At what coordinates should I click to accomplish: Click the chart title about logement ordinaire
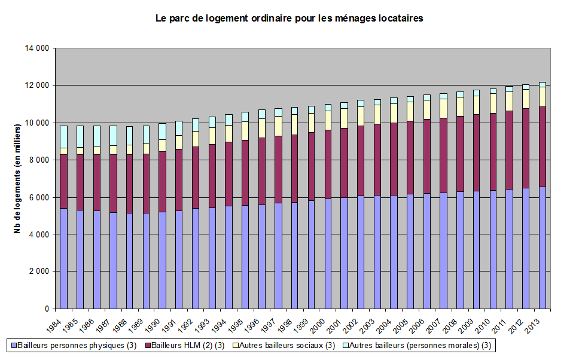coord(289,19)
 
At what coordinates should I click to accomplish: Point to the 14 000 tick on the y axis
coord(38,48)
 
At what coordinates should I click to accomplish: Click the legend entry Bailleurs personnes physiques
coord(71,345)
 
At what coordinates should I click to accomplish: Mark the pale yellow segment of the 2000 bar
coord(328,120)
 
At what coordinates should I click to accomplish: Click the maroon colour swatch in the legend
coord(148,345)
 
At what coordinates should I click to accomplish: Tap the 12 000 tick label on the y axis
coord(38,86)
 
